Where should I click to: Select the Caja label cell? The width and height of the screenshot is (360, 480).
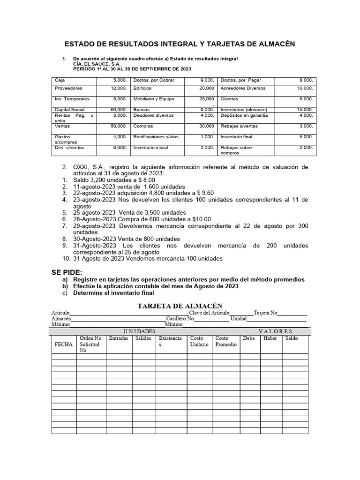tap(60, 80)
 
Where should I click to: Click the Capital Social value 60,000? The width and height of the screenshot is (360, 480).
tap(118, 109)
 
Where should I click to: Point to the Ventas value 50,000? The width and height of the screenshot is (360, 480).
tap(118, 126)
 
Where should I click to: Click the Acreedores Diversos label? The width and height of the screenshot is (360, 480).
tap(243, 88)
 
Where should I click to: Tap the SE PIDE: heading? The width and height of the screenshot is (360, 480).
tap(66, 272)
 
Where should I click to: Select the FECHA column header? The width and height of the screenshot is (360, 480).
tap(63, 344)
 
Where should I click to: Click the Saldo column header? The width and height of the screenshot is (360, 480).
tap(291, 338)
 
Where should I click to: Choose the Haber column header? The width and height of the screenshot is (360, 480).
tap(270, 338)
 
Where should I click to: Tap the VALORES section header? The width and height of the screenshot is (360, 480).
tap(275, 331)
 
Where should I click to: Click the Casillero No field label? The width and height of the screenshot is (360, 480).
tap(180, 318)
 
